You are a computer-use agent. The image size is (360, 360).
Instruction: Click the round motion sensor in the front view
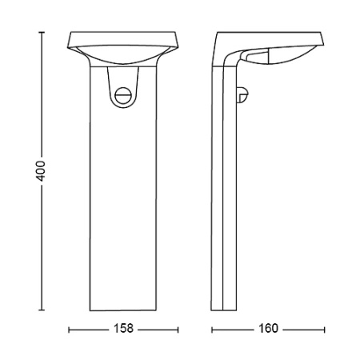(x=122, y=95)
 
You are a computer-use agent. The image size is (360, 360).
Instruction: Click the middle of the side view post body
(x=225, y=200)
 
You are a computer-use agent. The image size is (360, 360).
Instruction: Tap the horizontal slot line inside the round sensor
(x=122, y=95)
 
